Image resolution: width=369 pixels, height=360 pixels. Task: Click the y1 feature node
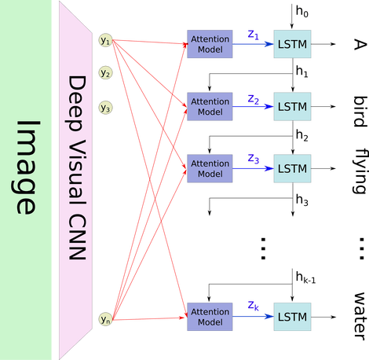click(105, 40)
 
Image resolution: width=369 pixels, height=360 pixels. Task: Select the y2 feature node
click(105, 72)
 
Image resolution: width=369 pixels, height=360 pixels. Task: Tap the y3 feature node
click(105, 108)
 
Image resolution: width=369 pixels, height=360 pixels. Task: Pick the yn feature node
click(105, 319)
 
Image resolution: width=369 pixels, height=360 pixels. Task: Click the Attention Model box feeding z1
click(210, 44)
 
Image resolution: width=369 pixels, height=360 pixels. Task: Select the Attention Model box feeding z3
click(210, 168)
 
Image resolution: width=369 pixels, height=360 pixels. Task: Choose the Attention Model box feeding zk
click(210, 317)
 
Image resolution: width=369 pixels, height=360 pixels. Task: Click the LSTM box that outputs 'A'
click(292, 44)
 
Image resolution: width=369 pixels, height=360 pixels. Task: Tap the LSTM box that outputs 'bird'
click(292, 106)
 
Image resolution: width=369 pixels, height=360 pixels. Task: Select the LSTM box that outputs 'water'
click(292, 317)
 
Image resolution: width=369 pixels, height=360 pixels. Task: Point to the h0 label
click(302, 12)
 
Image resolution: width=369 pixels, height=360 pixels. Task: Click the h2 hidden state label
click(302, 135)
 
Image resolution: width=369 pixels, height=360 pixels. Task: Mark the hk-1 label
click(305, 277)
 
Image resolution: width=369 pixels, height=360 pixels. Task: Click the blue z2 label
click(254, 100)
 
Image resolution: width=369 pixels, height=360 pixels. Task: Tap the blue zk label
click(254, 306)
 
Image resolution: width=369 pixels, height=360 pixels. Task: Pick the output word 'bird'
click(360, 112)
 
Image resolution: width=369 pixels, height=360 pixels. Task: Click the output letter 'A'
click(360, 44)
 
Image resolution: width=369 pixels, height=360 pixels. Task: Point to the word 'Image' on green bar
click(26, 167)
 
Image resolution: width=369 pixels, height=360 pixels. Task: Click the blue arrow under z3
click(253, 168)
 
